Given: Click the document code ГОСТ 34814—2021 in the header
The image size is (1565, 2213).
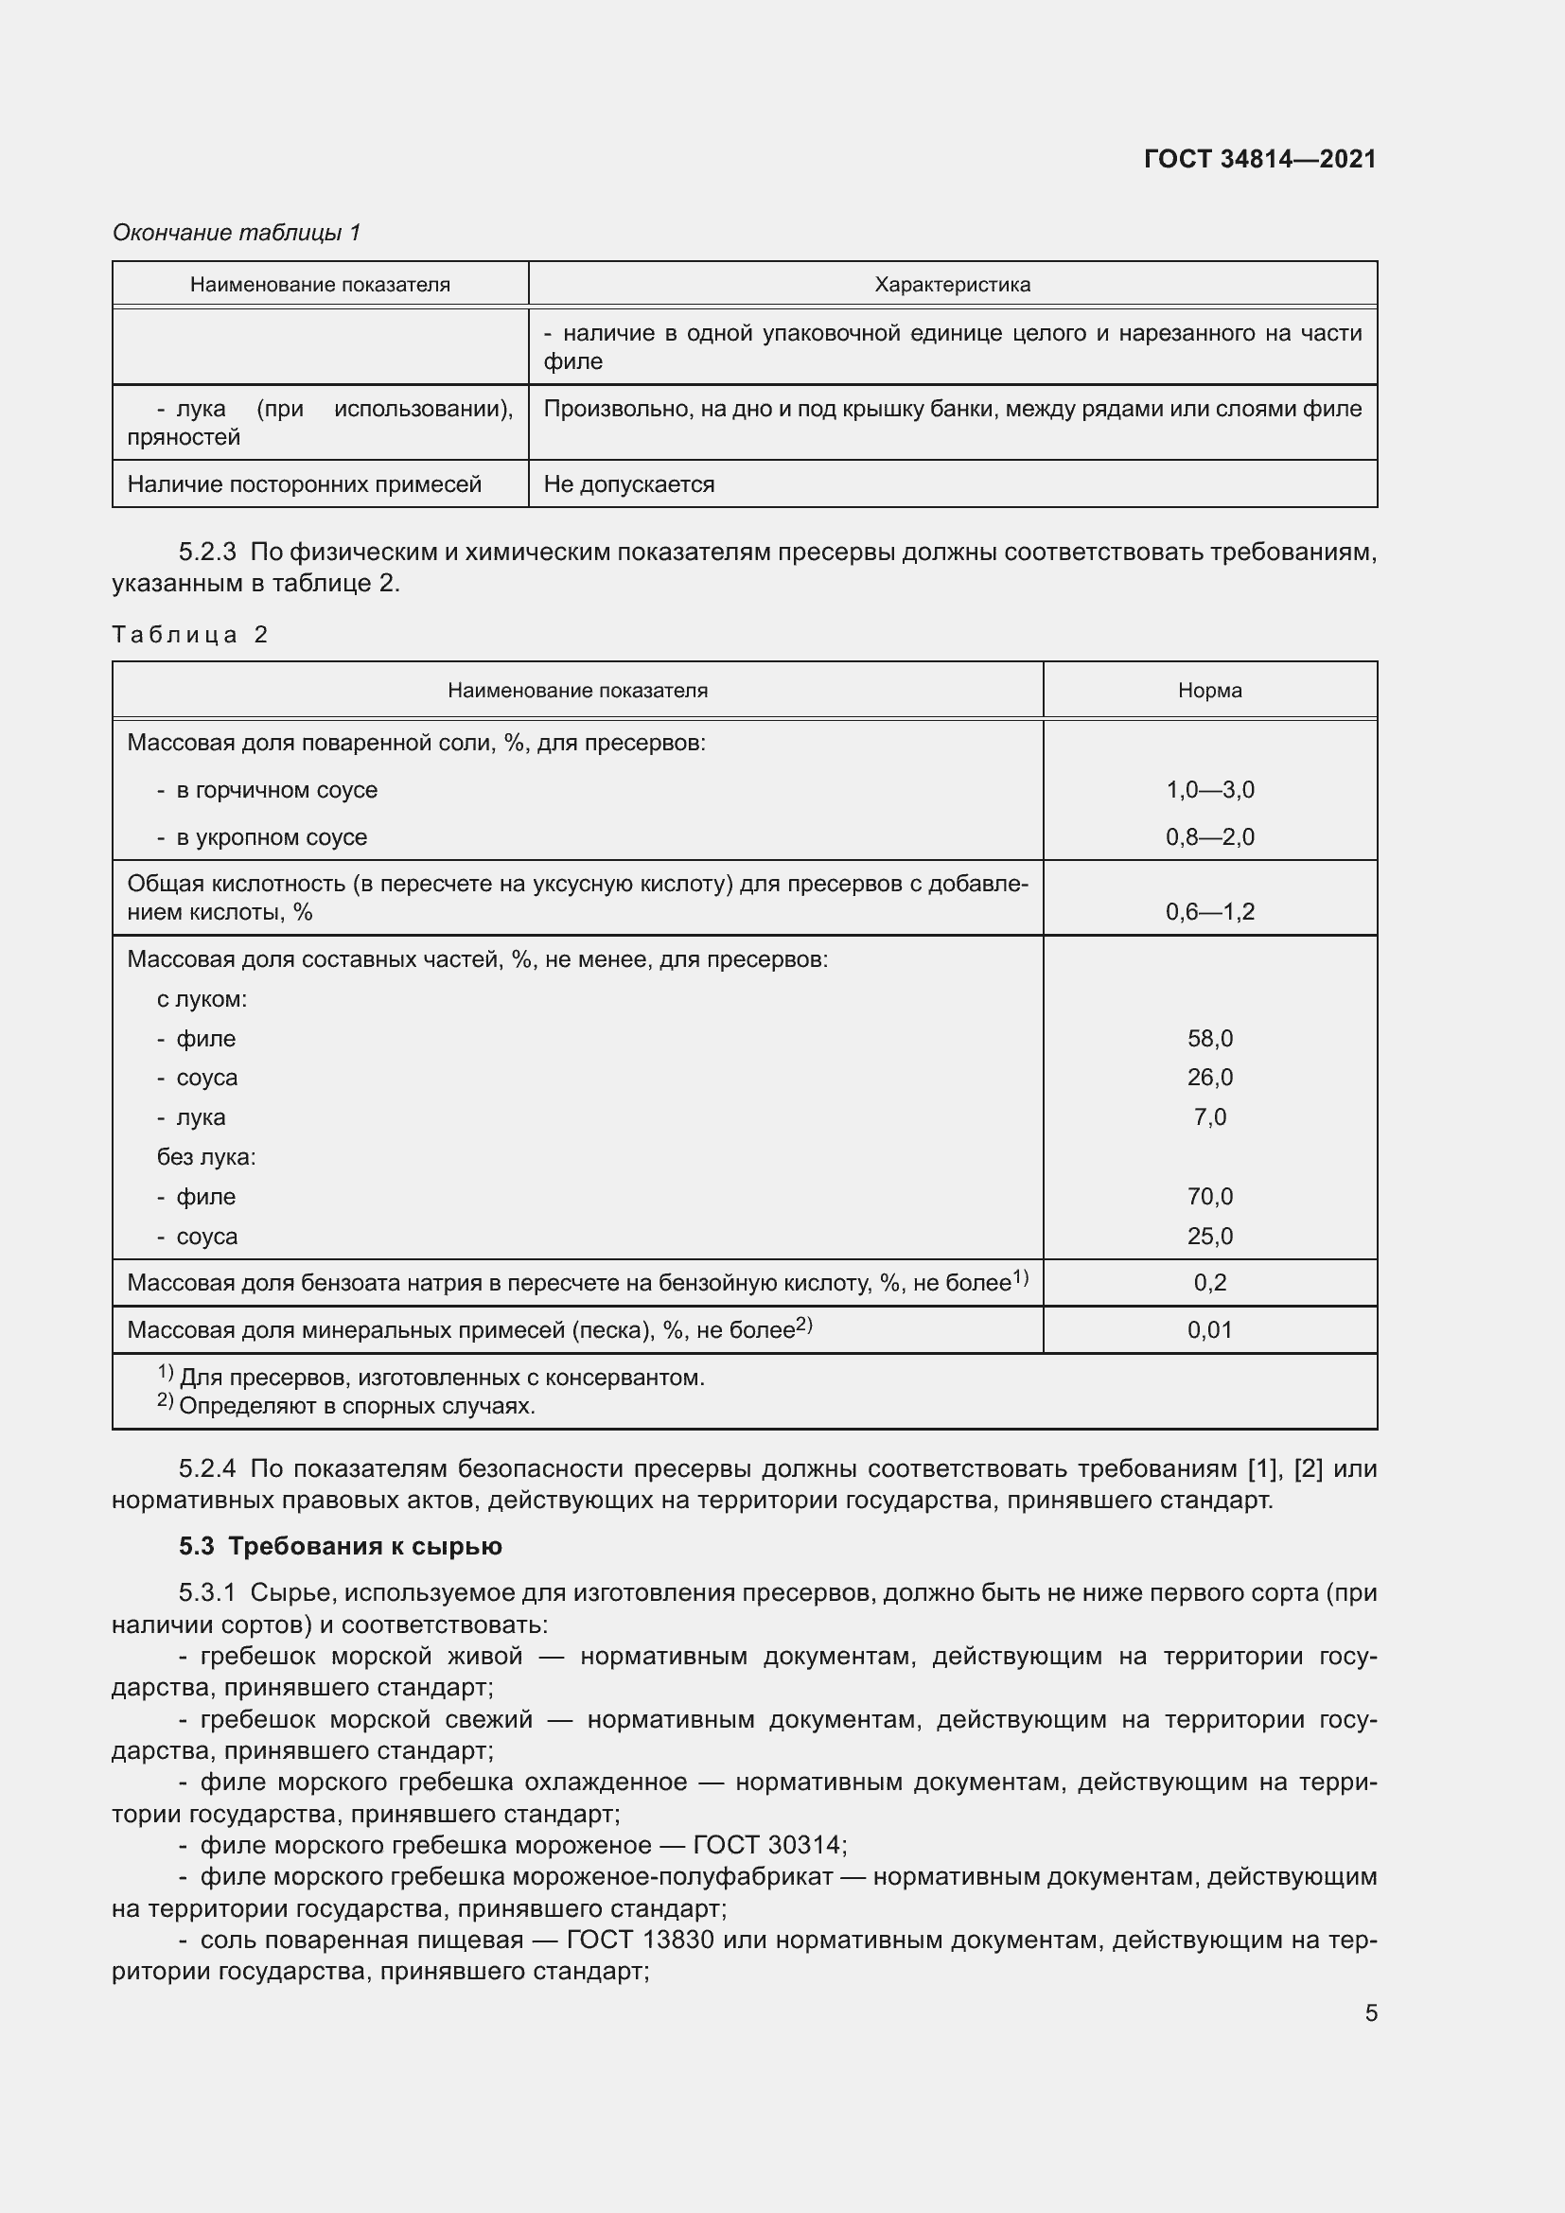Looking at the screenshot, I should (x=1259, y=159).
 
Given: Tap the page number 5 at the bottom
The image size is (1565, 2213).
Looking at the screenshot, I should (x=1370, y=2012).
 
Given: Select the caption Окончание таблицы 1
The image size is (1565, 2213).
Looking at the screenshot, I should (x=237, y=233).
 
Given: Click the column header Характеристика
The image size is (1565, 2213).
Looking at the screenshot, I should (x=952, y=285).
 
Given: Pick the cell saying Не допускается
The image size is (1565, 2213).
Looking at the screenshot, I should (x=628, y=483).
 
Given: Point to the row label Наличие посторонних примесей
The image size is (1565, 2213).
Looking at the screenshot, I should (x=304, y=483).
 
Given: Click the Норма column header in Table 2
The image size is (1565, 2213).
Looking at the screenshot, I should (x=1209, y=690).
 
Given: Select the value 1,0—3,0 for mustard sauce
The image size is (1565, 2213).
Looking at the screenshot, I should (x=1209, y=789).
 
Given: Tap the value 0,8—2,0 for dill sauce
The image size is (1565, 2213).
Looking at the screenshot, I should (x=1209, y=836).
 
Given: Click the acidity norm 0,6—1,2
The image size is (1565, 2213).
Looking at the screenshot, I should (x=1209, y=911).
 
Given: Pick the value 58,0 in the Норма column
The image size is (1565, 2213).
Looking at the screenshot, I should (x=1209, y=1038).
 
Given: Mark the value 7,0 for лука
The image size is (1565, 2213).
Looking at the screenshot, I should (x=1209, y=1117).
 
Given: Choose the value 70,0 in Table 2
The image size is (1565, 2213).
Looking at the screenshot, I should (x=1209, y=1196).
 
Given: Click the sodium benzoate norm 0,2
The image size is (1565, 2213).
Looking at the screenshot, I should (x=1209, y=1282).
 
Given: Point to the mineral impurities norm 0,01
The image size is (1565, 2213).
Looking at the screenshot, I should (x=1209, y=1329).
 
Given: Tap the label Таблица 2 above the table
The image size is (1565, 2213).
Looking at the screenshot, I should (x=189, y=634).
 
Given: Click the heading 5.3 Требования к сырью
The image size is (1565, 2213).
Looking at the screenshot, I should (x=341, y=1546).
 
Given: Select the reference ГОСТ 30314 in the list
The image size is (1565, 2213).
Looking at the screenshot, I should (x=768, y=1845).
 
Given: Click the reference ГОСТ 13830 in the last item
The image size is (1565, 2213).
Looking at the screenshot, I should (x=640, y=1940).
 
